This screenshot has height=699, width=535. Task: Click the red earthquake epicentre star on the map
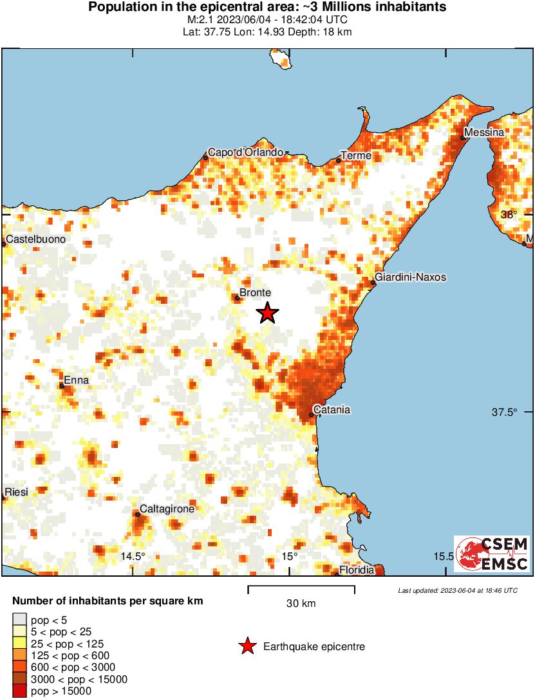(x=268, y=313)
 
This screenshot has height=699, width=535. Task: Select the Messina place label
(x=484, y=133)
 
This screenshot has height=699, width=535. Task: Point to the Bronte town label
(x=255, y=292)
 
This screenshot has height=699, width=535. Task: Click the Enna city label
(x=77, y=380)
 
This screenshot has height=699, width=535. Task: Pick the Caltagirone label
(x=167, y=509)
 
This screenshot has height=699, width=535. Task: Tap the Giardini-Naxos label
(x=410, y=277)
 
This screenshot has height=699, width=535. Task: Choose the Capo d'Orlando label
(x=245, y=153)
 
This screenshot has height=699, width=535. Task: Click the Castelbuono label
(x=35, y=239)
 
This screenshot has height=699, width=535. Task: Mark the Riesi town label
(x=16, y=492)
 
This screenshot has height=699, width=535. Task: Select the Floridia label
(x=357, y=570)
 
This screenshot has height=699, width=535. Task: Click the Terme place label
(x=356, y=156)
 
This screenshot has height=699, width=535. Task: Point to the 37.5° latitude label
(x=504, y=413)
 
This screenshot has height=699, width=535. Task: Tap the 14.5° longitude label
(x=133, y=556)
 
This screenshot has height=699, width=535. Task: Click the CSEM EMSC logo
(x=491, y=554)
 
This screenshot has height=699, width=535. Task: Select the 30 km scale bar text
(x=301, y=603)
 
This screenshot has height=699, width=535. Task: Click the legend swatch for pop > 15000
(x=20, y=691)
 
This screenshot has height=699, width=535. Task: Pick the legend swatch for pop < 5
(x=20, y=620)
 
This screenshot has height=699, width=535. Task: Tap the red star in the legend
(x=247, y=647)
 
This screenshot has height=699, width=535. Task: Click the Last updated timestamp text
(x=457, y=590)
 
